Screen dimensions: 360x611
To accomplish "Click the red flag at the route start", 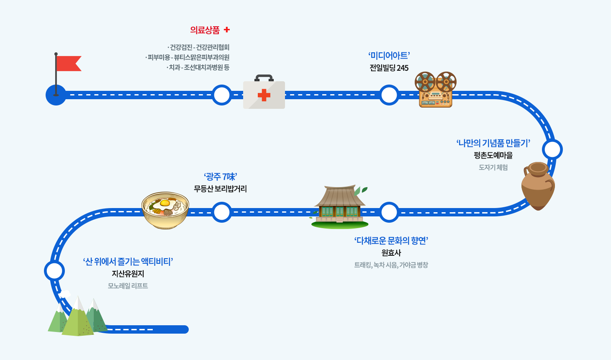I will click(x=68, y=63).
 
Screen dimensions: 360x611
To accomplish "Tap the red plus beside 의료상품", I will click(x=227, y=30).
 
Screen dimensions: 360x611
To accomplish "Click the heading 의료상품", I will click(x=205, y=30).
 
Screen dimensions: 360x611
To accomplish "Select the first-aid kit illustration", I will click(x=264, y=93).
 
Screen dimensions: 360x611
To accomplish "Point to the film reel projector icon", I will click(x=436, y=90).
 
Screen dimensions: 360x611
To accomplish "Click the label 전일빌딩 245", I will click(x=389, y=68).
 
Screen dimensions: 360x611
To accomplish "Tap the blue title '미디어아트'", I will click(x=389, y=56).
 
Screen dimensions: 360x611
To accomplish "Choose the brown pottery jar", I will click(x=538, y=186).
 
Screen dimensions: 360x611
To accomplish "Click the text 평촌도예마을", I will click(x=493, y=155).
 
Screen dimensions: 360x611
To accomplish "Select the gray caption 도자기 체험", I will click(x=493, y=167).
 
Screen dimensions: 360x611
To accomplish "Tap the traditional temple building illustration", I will click(x=339, y=206).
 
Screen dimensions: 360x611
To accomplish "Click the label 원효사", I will click(x=391, y=253).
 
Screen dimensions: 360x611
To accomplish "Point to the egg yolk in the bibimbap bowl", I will click(x=164, y=203).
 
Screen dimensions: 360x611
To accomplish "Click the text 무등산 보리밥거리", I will click(x=220, y=189).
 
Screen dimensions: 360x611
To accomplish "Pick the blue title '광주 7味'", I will click(x=221, y=177).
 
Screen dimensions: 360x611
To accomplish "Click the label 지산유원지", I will click(x=128, y=274).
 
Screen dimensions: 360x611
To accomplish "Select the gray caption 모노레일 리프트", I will click(x=128, y=286).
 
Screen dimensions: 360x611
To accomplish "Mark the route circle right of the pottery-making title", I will click(x=552, y=149).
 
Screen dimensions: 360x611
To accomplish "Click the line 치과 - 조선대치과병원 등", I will click(x=198, y=67).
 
